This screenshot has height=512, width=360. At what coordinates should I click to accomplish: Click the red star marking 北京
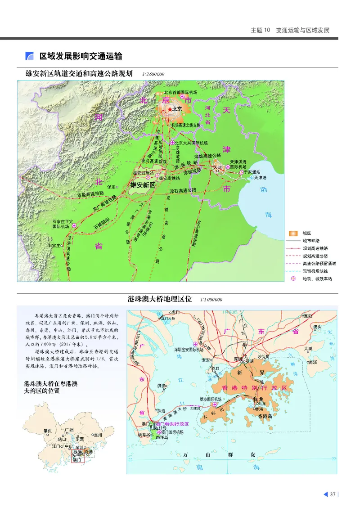pyautogui.click(x=170, y=109)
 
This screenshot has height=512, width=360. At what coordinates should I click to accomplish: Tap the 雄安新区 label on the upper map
pyautogui.click(x=142, y=185)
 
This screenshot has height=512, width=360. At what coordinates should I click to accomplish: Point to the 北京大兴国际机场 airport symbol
pyautogui.click(x=172, y=143)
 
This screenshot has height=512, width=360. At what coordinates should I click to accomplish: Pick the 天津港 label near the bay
pyautogui.click(x=261, y=178)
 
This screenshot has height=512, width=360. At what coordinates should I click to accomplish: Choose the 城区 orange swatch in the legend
pyautogui.click(x=294, y=233)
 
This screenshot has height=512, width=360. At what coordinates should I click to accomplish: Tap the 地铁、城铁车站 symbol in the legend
pyautogui.click(x=294, y=278)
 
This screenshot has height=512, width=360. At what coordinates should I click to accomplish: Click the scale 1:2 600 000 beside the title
pyautogui.click(x=153, y=74)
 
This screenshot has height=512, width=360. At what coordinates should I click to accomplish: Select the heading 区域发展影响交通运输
pyautogui.click(x=81, y=56)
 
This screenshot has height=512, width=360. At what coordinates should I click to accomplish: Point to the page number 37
pyautogui.click(x=333, y=494)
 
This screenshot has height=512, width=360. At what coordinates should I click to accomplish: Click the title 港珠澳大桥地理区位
pyautogui.click(x=160, y=299)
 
